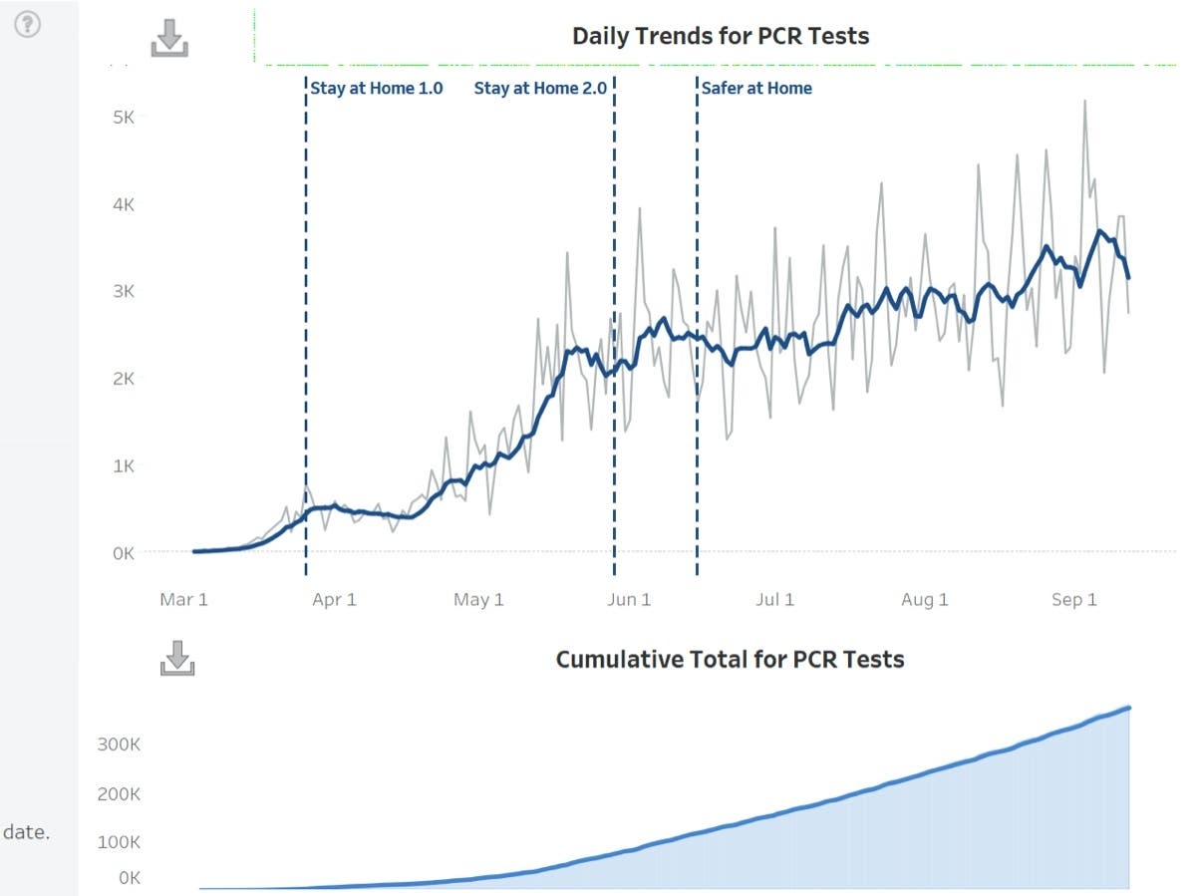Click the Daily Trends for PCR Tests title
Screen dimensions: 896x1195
[x=720, y=37]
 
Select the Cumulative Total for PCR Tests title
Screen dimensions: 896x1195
[x=730, y=660]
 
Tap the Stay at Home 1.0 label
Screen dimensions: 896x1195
[x=376, y=88]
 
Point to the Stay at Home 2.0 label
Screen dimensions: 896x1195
[x=539, y=88]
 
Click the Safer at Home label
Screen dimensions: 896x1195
[x=755, y=88]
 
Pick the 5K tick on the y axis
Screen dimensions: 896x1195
[x=130, y=117]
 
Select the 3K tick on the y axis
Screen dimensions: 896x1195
[x=130, y=291]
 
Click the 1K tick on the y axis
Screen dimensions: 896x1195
[x=130, y=465]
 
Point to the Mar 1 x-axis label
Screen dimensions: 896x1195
[x=184, y=599]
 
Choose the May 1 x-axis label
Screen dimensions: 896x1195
[x=478, y=599]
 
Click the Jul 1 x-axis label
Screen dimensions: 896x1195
[x=774, y=599]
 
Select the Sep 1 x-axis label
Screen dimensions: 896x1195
[x=1073, y=599]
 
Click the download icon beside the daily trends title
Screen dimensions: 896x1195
[x=169, y=38]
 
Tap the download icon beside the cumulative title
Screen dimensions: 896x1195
[x=176, y=658]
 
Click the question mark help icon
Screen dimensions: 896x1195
[x=28, y=25]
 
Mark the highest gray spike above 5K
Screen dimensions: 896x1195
[x=1084, y=101]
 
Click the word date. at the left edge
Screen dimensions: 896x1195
[x=26, y=832]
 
